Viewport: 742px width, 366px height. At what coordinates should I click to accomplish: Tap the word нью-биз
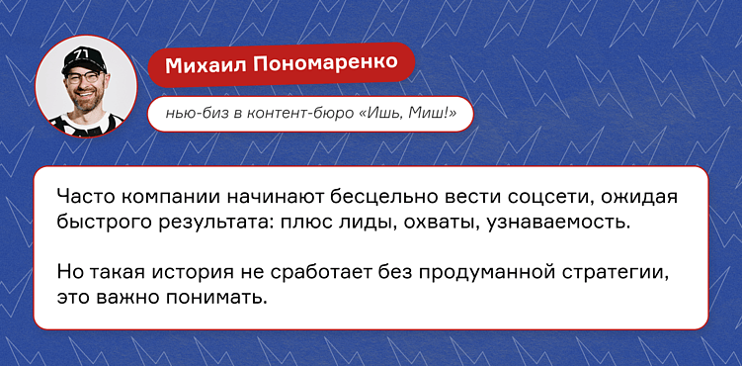[189, 116]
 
